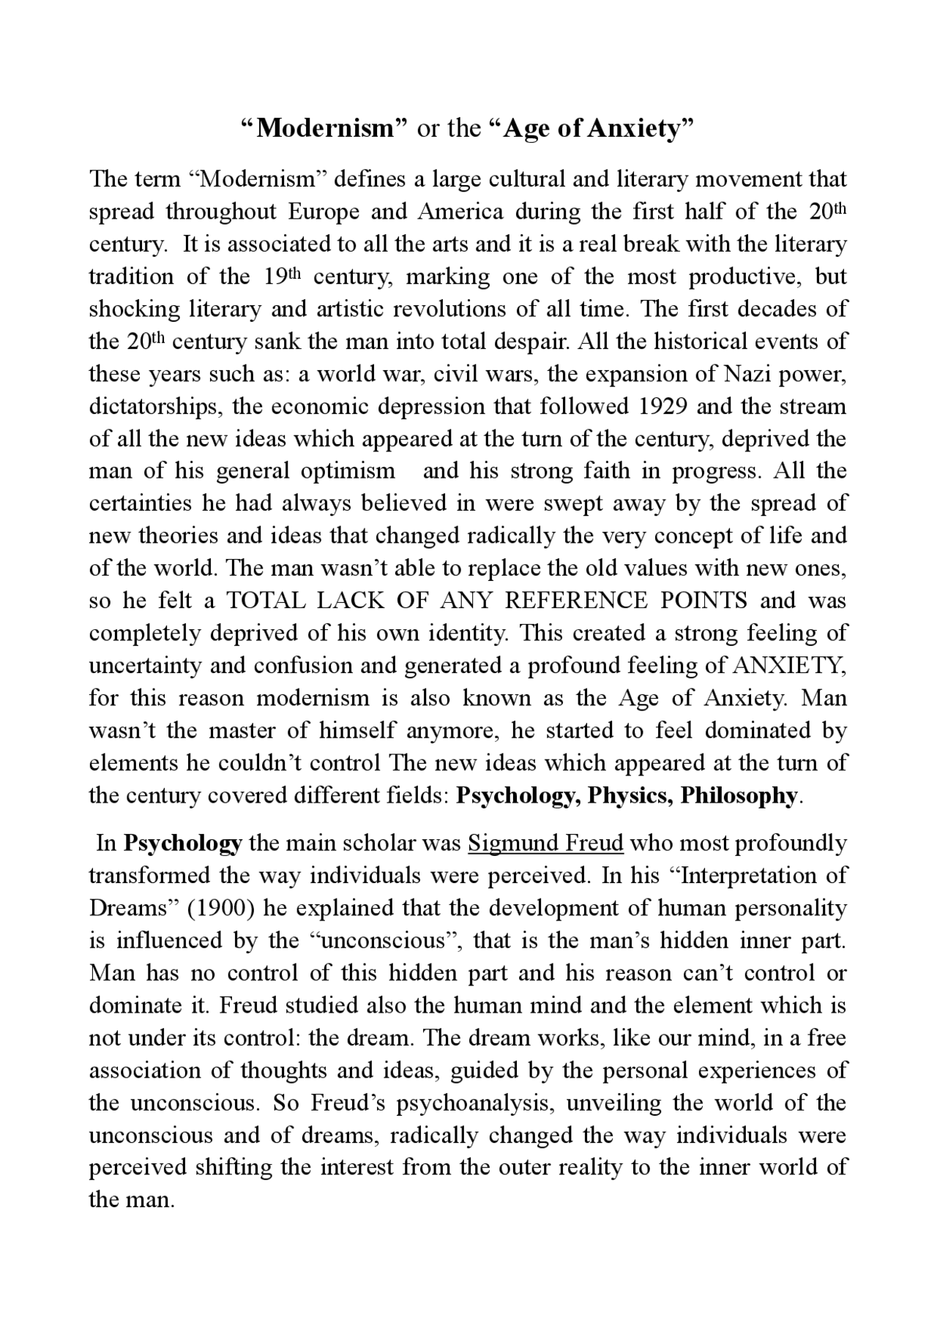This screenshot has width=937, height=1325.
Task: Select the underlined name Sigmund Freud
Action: [x=545, y=844]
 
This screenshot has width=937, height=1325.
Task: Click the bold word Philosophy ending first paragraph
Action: [x=738, y=795]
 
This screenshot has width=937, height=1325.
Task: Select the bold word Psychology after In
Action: [x=182, y=844]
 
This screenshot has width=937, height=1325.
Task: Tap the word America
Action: [x=460, y=212]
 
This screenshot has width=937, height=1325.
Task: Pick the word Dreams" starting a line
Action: [x=134, y=908]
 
